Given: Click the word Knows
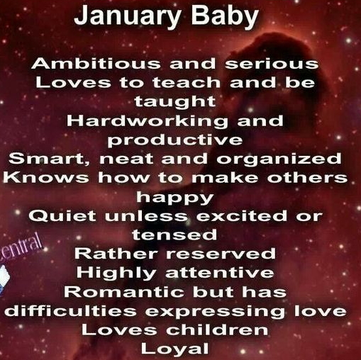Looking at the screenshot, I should coord(39,177).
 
